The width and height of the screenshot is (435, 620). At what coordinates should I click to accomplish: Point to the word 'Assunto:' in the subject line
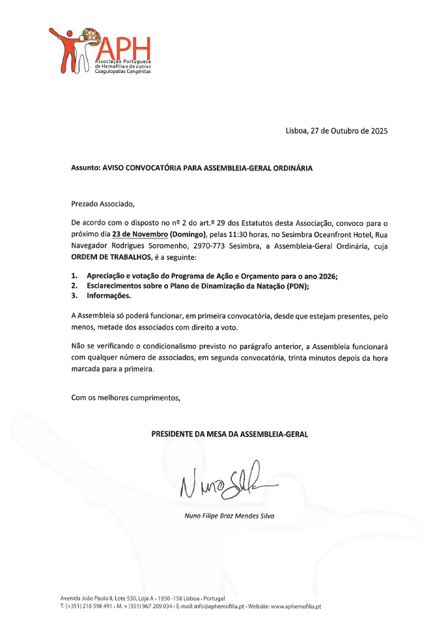pos(85,167)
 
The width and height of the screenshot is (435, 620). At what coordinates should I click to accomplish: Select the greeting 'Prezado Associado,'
pos(103,204)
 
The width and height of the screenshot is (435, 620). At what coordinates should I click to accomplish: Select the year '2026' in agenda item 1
pos(326,275)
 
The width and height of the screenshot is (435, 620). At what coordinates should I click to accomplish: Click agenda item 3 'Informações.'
pos(109,296)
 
